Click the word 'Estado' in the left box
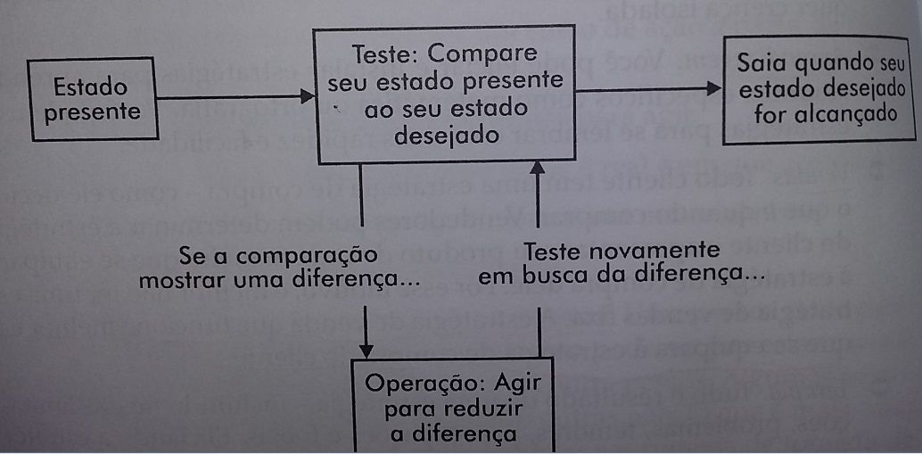pyautogui.click(x=89, y=87)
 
